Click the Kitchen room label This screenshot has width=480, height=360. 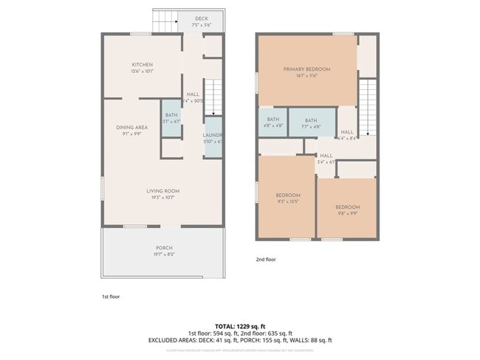142,64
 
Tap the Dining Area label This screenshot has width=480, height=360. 132,128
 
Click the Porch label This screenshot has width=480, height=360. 164,248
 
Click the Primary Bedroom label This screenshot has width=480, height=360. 306,69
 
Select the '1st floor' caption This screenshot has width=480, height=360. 111,297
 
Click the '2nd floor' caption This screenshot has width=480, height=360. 265,260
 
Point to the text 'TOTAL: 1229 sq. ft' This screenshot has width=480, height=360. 240,325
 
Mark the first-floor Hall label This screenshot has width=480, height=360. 193,94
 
